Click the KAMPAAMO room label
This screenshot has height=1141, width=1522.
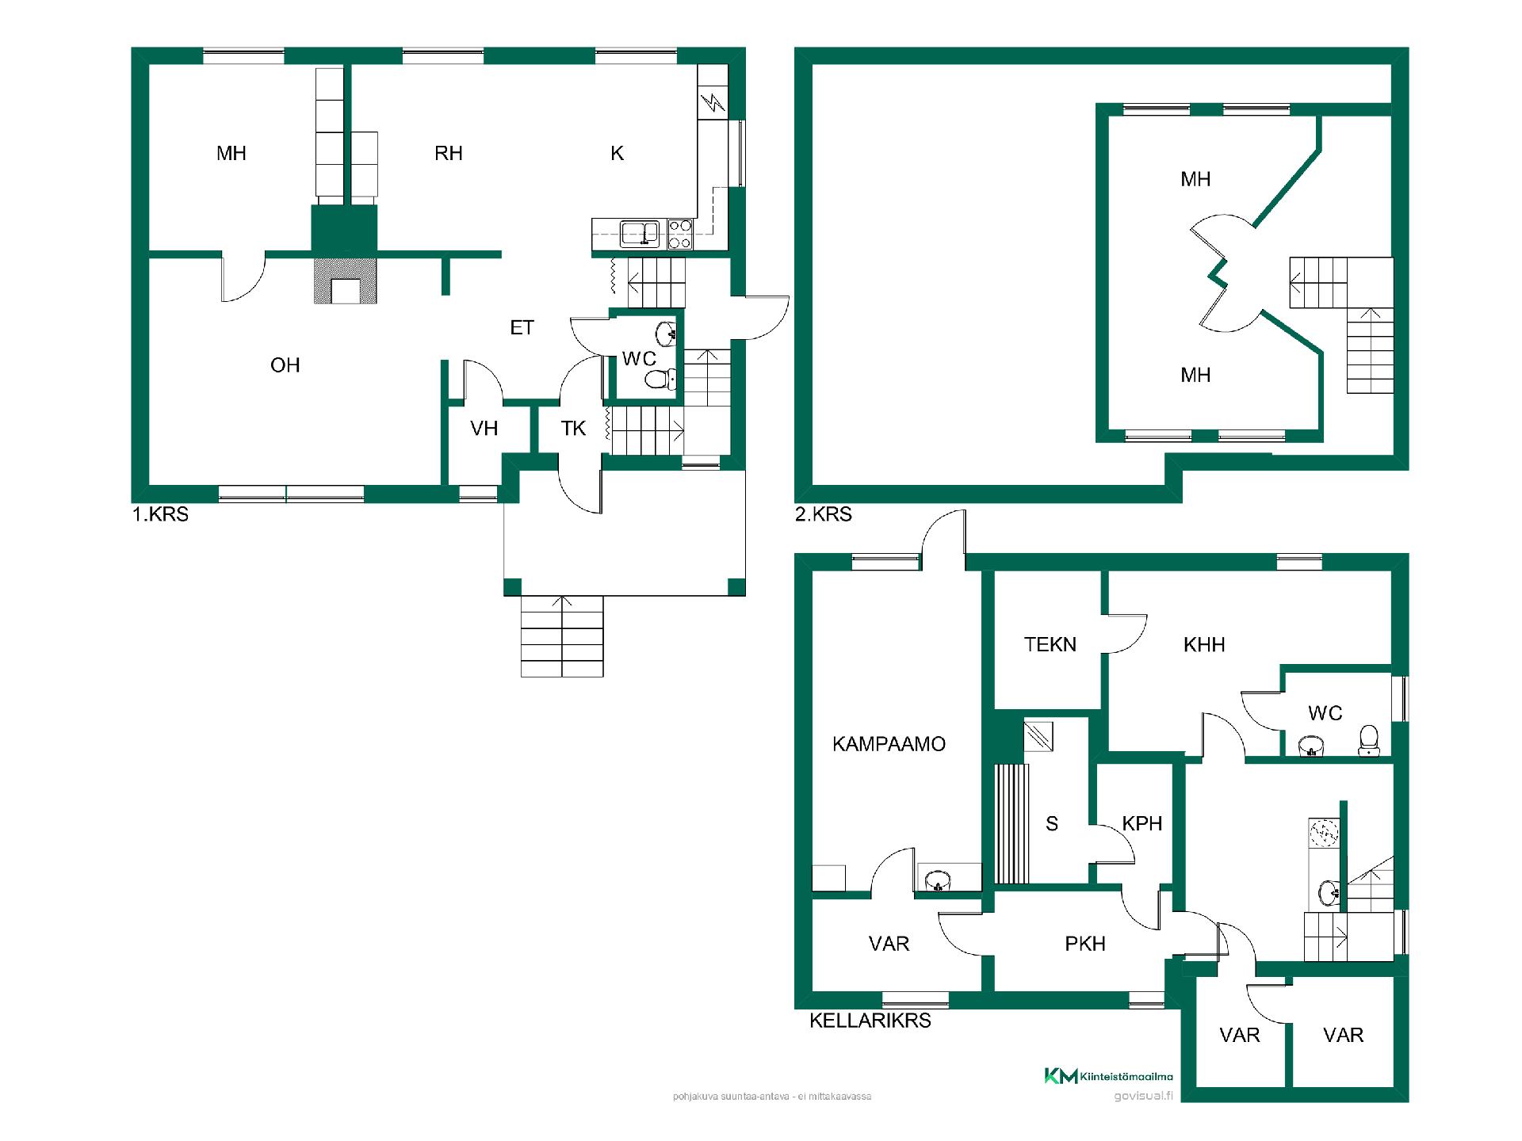tap(889, 744)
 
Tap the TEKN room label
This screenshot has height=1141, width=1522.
tap(1050, 644)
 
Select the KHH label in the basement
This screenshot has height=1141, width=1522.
tap(1204, 645)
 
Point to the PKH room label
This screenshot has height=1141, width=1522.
tap(1084, 944)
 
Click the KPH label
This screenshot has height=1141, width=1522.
tap(1141, 823)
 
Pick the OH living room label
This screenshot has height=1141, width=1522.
tap(285, 365)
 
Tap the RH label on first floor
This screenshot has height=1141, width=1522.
tap(448, 154)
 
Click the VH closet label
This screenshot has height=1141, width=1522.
tap(484, 429)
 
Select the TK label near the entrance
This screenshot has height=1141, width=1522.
tap(573, 429)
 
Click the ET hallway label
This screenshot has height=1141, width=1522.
tap(522, 327)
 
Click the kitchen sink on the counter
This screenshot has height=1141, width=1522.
tap(640, 234)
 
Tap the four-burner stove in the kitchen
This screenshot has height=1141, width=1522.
tap(680, 235)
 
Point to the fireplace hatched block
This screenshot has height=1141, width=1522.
tap(345, 280)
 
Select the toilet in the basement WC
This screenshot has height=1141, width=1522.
tap(1369, 740)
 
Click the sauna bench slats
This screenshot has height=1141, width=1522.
tap(1011, 824)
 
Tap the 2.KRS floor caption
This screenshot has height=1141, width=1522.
tap(823, 514)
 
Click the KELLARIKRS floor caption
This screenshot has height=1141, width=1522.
tap(870, 1021)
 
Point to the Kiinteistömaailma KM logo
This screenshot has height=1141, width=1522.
tap(1108, 1076)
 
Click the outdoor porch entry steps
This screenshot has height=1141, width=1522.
tap(562, 636)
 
